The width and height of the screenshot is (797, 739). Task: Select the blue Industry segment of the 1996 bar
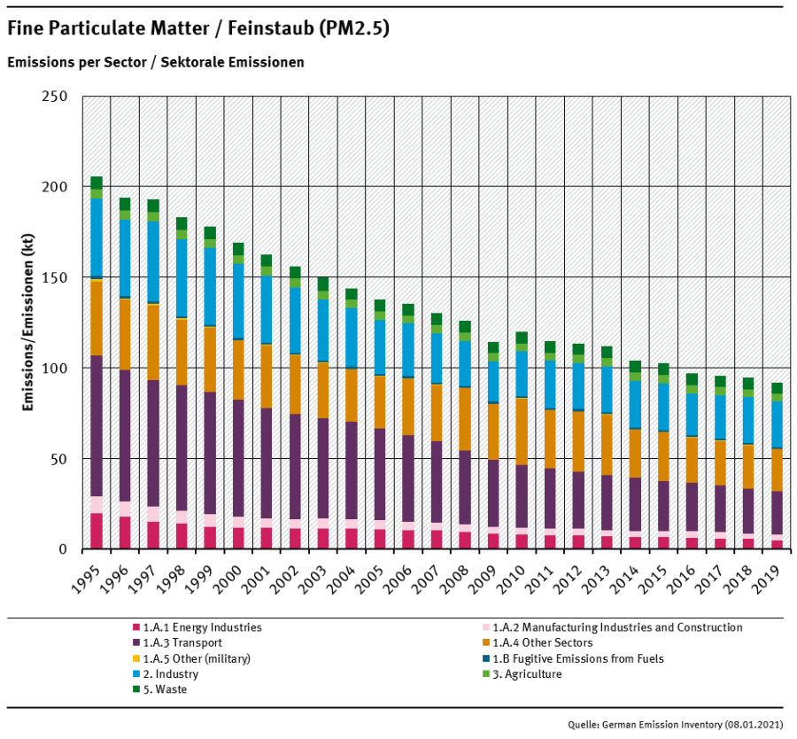[x=125, y=257]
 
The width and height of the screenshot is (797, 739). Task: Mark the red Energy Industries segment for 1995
[x=97, y=531]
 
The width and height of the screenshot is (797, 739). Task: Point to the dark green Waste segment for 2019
[x=777, y=388]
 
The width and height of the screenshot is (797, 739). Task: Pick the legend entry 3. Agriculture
[x=526, y=674]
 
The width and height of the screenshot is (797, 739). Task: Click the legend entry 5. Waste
[x=163, y=689]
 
